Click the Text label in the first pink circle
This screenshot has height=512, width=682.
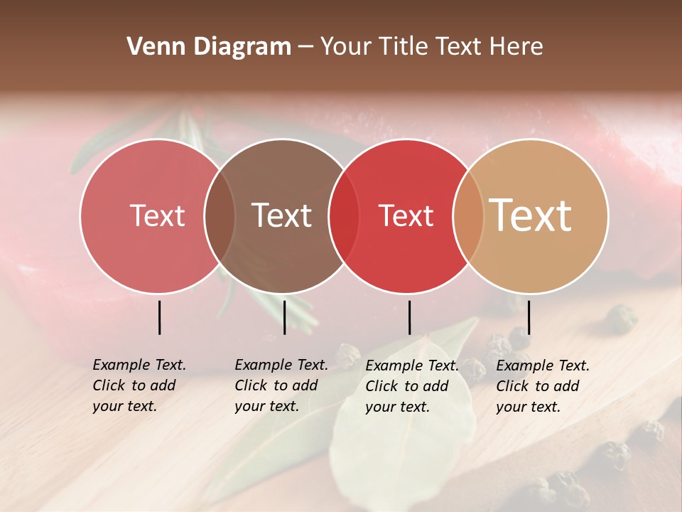point(157,215)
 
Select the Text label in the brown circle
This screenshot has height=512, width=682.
point(281,215)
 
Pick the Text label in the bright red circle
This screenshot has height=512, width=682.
point(406,216)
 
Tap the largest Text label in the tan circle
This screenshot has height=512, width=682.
point(530,215)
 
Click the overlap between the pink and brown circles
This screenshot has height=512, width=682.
point(220,216)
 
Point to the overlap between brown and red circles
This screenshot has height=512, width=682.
point(344,216)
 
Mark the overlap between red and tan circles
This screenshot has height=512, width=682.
point(467,216)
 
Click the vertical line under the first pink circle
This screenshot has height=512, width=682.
point(159,317)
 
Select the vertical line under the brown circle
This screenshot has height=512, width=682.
point(284,317)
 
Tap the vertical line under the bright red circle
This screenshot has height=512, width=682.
point(409,317)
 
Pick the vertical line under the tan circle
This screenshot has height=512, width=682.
point(529,317)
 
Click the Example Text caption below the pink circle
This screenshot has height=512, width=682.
point(139,385)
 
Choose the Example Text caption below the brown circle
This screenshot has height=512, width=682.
point(281,385)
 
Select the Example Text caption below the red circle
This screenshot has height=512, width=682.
point(412,386)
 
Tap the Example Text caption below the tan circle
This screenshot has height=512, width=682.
point(543,386)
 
